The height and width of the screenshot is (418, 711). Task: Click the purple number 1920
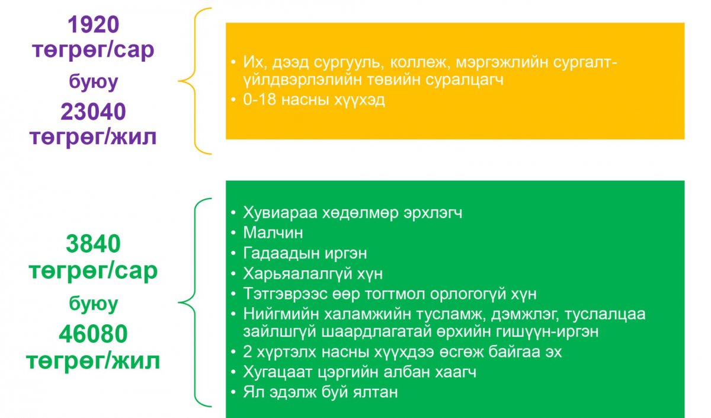(94, 25)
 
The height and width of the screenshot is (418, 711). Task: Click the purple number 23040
(94, 112)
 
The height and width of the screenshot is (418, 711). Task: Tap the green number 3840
(94, 244)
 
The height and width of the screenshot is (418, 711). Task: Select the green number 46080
(94, 334)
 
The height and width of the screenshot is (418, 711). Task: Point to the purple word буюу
(94, 82)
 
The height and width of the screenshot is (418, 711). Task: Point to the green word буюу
(94, 304)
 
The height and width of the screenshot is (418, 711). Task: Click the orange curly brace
(195, 81)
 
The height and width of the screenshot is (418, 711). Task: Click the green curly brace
(195, 302)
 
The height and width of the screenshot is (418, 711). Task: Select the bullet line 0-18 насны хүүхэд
(314, 100)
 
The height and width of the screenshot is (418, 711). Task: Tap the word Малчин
(273, 232)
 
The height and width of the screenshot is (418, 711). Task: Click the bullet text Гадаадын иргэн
(305, 254)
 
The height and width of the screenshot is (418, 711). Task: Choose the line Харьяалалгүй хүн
(313, 274)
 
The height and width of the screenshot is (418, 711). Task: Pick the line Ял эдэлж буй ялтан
(321, 392)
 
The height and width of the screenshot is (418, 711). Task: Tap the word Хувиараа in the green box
(280, 213)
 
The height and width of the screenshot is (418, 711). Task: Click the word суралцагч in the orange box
(465, 80)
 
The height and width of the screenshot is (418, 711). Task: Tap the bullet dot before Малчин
(233, 233)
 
